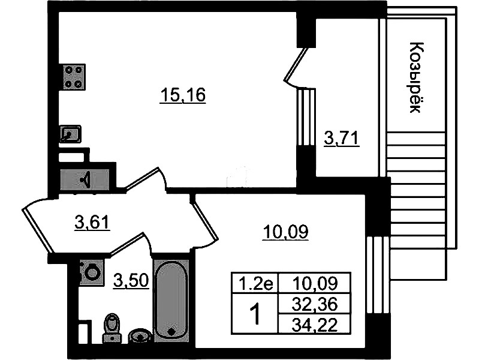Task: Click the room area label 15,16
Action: click(183, 95)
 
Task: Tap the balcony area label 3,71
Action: click(341, 139)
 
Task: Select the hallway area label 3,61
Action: click(92, 222)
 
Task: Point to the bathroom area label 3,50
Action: click(131, 280)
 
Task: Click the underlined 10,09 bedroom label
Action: click(285, 232)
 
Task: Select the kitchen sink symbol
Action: click(71, 134)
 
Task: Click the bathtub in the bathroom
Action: click(171, 301)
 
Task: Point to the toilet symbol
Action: click(112, 328)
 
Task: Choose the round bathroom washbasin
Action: click(139, 336)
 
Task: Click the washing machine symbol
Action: click(91, 272)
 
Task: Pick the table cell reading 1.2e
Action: click(255, 283)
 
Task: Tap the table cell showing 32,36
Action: click(314, 304)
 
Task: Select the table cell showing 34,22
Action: click(314, 324)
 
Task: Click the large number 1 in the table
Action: click(255, 314)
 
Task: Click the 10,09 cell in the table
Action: click(314, 283)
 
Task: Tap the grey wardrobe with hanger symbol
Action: click(85, 179)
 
